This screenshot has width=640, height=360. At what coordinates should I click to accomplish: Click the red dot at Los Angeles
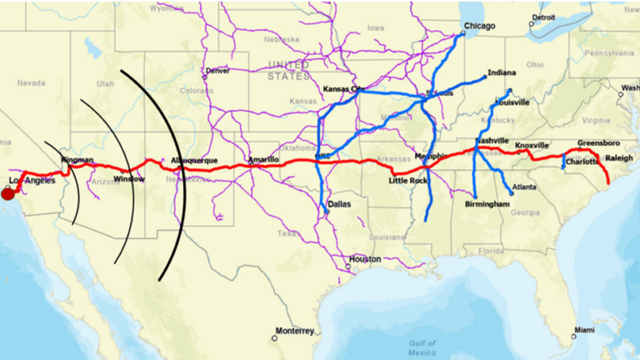7,194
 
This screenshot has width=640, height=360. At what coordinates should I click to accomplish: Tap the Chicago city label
479,26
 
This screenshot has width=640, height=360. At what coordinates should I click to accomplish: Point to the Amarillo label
263,158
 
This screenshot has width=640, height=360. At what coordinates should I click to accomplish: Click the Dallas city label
339,203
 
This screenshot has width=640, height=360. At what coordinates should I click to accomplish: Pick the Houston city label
365,259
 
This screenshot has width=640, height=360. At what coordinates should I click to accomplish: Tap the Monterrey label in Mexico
296,329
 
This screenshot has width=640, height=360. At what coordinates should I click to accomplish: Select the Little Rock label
407,180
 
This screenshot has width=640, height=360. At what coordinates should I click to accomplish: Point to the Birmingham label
487,204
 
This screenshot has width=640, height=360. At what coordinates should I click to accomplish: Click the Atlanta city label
524,187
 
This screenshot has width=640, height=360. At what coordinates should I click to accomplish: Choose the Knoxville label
532,146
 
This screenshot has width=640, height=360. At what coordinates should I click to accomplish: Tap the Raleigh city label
618,157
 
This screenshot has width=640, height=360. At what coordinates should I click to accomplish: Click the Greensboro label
599,142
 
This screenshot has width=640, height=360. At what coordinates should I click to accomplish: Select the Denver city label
217,71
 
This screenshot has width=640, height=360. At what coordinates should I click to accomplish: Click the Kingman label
77,159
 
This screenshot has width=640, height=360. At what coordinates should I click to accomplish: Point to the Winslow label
130,178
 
